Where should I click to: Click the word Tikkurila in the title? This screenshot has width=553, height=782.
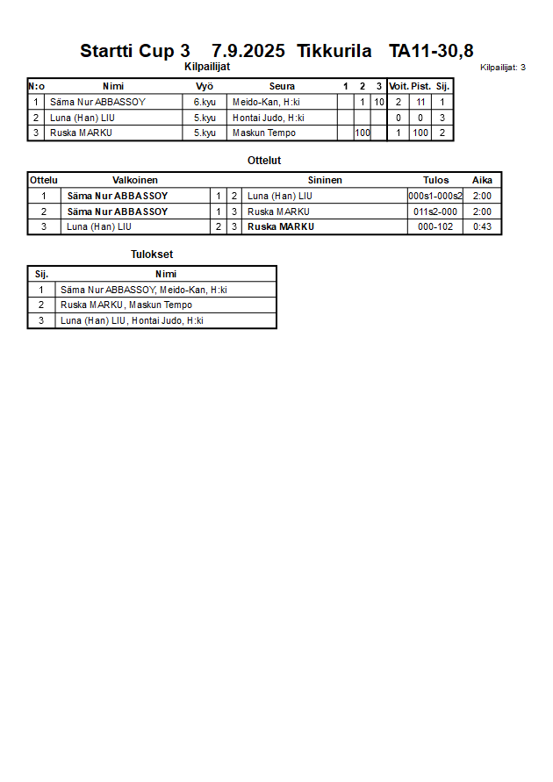(334, 51)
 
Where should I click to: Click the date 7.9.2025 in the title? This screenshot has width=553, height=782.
(248, 51)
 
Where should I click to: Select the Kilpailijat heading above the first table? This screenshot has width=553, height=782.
(207, 67)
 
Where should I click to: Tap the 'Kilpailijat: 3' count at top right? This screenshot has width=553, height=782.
(503, 68)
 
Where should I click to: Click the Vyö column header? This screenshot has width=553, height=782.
(205, 86)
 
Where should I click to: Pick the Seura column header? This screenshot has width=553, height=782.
(282, 86)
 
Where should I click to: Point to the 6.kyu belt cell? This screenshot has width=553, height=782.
(205, 102)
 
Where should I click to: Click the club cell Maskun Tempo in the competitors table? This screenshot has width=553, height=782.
(263, 133)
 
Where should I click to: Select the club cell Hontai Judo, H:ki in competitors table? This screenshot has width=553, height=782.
(268, 118)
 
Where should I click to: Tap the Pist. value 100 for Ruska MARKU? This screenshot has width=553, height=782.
(420, 133)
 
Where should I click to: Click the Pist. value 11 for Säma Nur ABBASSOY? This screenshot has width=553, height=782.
(420, 102)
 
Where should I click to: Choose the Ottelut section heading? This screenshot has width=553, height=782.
(264, 161)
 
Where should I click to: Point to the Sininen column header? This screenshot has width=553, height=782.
(325, 180)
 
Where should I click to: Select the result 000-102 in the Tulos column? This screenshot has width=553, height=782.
(435, 226)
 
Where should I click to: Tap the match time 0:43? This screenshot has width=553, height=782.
(482, 226)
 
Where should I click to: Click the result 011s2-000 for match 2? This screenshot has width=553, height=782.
(435, 212)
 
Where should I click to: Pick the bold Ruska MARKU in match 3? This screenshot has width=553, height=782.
(281, 226)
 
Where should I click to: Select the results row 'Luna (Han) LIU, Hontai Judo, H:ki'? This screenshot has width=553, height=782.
(132, 320)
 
